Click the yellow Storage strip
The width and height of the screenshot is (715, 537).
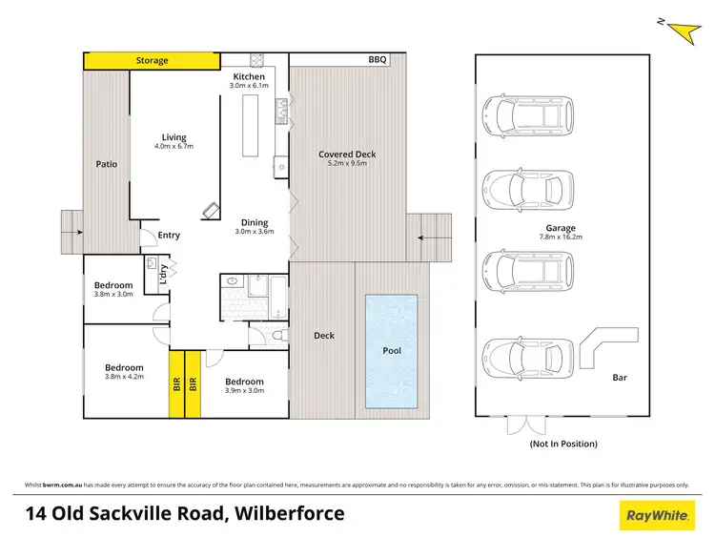point(153,60)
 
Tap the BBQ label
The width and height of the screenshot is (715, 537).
point(378,59)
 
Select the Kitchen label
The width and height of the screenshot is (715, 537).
point(250,76)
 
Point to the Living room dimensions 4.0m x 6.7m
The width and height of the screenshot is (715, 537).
point(174,147)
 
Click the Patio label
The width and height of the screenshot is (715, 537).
point(106,164)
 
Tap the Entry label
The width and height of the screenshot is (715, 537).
point(169,235)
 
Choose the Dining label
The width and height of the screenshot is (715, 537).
point(255,222)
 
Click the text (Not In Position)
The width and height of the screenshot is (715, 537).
point(563,444)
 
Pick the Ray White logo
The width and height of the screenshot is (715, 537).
point(656,515)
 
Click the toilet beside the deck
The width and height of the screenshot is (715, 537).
point(276,336)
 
